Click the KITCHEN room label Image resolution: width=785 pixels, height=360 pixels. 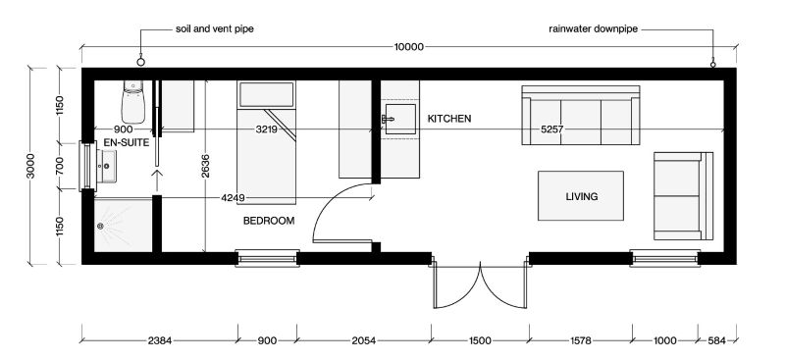pyautogui.click(x=449, y=119)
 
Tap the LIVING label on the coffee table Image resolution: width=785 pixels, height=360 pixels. pyautogui.click(x=582, y=197)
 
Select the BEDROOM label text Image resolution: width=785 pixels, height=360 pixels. pyautogui.click(x=269, y=221)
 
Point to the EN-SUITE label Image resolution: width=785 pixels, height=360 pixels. pyautogui.click(x=127, y=143)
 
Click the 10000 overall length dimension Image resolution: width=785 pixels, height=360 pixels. pyautogui.click(x=409, y=47)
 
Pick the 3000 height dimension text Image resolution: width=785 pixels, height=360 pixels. pyautogui.click(x=31, y=166)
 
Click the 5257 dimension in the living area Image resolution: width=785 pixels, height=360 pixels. pyautogui.click(x=552, y=129)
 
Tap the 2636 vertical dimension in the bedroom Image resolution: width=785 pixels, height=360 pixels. pyautogui.click(x=205, y=167)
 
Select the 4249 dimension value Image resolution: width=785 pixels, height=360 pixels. pyautogui.click(x=233, y=198)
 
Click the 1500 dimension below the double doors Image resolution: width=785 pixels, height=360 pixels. pyautogui.click(x=480, y=341)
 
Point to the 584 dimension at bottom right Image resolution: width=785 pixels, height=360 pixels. pyautogui.click(x=716, y=341)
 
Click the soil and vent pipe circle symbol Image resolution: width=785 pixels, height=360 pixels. pyautogui.click(x=140, y=62)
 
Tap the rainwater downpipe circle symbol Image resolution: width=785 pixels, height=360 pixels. pyautogui.click(x=713, y=64)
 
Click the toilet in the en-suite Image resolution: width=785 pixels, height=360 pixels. pyautogui.click(x=132, y=102)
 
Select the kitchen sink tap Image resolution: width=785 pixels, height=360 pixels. pyautogui.click(x=388, y=119)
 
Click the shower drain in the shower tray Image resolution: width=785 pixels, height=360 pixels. pyautogui.click(x=100, y=226)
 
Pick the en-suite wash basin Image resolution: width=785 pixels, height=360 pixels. pyautogui.click(x=107, y=166)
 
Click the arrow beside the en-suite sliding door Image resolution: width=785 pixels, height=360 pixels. pyautogui.click(x=157, y=180)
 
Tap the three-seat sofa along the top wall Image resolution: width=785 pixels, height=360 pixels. pyautogui.click(x=581, y=115)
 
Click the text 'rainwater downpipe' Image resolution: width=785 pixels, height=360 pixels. pyautogui.click(x=594, y=29)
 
